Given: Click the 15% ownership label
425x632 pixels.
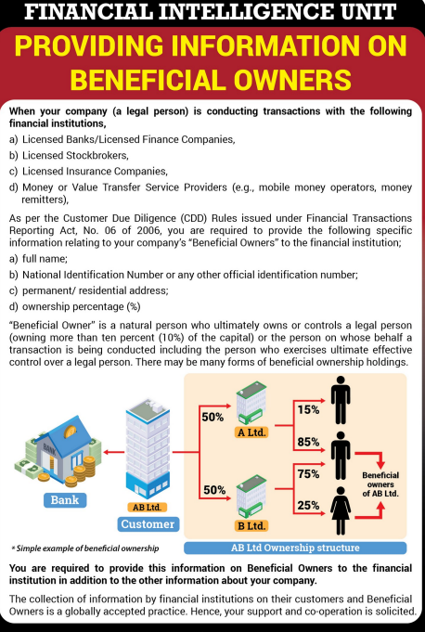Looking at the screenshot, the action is pos(309,410).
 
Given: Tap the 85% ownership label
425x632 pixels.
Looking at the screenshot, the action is pos(309,442).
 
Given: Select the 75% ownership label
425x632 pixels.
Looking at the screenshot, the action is pos(309,473).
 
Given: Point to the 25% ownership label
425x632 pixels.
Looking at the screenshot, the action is pos(309,505).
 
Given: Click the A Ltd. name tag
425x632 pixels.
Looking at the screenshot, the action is pos(251,432).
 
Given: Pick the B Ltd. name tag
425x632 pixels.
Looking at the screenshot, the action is pos(251,526).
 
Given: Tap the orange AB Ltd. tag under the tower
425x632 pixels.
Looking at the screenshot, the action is pos(147,507).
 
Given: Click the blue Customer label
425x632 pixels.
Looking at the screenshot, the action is pos(148,524).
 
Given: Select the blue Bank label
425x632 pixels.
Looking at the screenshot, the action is pos(65,500).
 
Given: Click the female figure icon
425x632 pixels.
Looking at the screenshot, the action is pos(341,510).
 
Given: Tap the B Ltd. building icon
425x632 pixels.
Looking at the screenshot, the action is pos(251,497).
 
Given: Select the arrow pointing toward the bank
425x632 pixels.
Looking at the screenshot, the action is pos(114,452).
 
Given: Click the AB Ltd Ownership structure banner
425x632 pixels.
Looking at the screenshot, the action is pos(295,548).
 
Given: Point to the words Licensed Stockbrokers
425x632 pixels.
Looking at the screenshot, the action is pos(75,155).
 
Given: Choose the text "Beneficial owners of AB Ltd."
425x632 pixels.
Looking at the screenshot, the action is pos(380,484).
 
